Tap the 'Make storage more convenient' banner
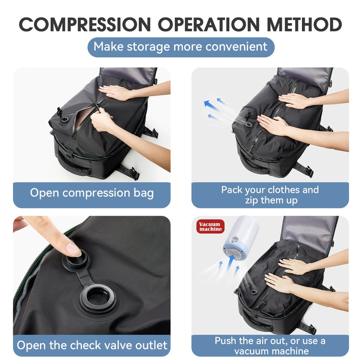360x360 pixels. coord(181,47)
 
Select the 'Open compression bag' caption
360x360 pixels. coord(92,193)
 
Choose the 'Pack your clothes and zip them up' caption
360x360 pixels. coord(270,195)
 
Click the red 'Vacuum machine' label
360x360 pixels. coord(210,226)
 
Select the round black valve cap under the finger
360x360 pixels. coord(77,260)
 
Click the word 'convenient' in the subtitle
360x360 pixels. coord(236,47)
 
